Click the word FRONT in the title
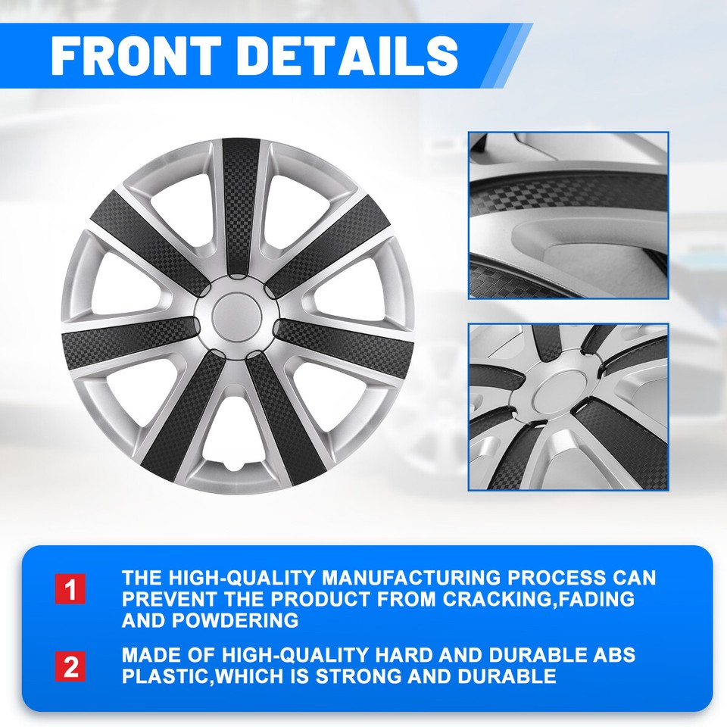click(x=135, y=55)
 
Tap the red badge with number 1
click(x=70, y=589)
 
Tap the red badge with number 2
click(x=70, y=666)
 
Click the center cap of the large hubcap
click(x=238, y=317)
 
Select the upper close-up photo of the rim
click(x=568, y=215)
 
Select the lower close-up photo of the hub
click(x=568, y=407)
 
